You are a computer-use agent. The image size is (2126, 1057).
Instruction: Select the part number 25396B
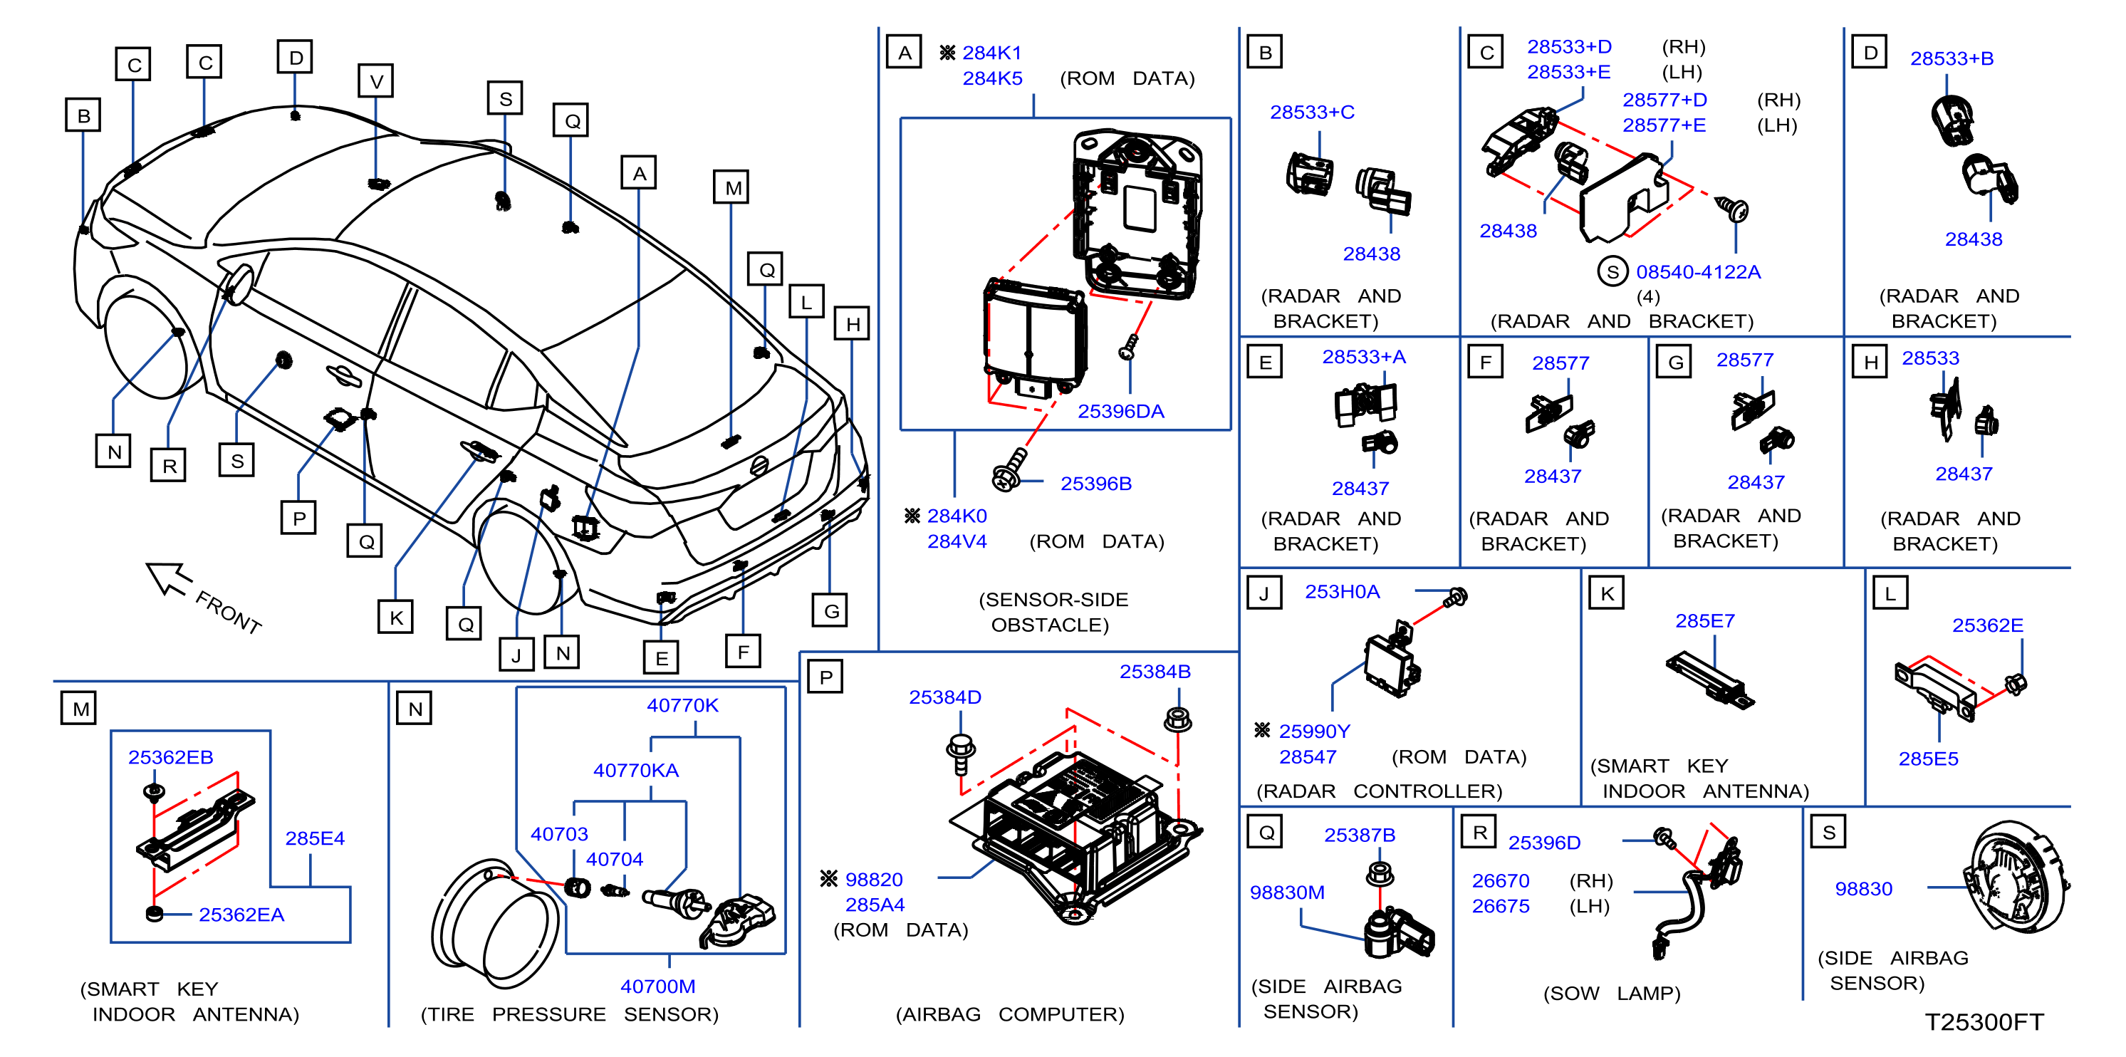point(1095,484)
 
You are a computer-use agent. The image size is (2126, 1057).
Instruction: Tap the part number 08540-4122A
point(1698,271)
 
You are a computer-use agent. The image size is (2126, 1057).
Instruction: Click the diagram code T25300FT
point(1984,1021)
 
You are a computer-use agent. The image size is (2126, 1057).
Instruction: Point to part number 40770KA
point(635,770)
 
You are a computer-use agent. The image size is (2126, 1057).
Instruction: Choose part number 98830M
point(1287,892)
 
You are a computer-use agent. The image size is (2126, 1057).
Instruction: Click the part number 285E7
point(1704,620)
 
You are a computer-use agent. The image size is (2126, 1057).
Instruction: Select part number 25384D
point(945,697)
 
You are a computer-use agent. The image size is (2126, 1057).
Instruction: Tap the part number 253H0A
point(1342,592)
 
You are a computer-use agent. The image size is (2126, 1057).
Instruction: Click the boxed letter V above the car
point(375,81)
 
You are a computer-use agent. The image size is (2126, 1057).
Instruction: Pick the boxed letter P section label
point(825,676)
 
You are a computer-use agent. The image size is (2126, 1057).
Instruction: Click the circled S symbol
point(1612,271)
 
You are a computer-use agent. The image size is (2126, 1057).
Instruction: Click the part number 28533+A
point(1363,356)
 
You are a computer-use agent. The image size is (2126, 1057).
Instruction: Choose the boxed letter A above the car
point(639,173)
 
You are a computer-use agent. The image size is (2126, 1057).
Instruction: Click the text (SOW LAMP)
point(1611,993)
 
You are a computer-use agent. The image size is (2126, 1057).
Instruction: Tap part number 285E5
point(1928,759)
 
